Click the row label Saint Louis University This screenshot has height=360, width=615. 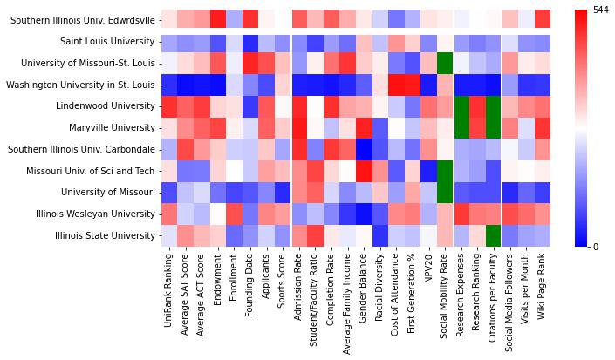pos(107,41)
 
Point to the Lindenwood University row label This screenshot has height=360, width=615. pos(106,105)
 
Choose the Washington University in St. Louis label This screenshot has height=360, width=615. pos(81,84)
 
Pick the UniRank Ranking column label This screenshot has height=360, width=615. pos(168,287)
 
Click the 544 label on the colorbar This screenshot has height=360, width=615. pos(599,10)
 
